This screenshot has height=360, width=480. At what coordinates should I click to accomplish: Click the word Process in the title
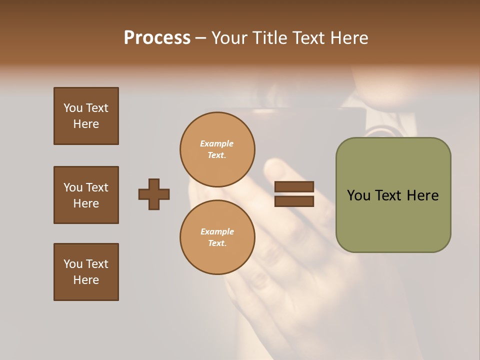coord(157,38)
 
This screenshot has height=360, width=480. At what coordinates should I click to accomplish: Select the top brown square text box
coord(86,116)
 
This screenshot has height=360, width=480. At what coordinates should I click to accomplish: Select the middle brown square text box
coord(86,195)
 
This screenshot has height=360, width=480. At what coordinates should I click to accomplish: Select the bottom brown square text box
coord(86,272)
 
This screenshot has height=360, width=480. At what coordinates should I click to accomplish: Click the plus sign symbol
coord(153,194)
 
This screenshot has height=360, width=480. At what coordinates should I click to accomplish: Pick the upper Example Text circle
coord(217,149)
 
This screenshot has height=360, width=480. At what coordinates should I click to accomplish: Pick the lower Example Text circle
coord(217,237)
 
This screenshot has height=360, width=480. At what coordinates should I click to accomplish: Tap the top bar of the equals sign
coord(294,186)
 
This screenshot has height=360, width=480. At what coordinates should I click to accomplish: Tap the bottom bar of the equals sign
coord(294,201)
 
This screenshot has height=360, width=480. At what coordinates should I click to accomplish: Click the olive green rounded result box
coord(393,220)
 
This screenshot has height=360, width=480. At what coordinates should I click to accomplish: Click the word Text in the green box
coord(388,195)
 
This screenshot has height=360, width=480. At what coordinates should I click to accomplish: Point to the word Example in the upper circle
coord(216,143)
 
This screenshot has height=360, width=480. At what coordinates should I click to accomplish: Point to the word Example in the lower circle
coord(217,231)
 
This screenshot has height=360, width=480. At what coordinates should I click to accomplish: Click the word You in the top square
coord(73,108)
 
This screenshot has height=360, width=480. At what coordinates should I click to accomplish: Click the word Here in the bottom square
coord(86,280)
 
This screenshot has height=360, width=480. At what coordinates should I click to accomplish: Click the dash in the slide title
coord(200,38)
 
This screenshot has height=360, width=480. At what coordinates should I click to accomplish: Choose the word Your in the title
coord(228,38)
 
